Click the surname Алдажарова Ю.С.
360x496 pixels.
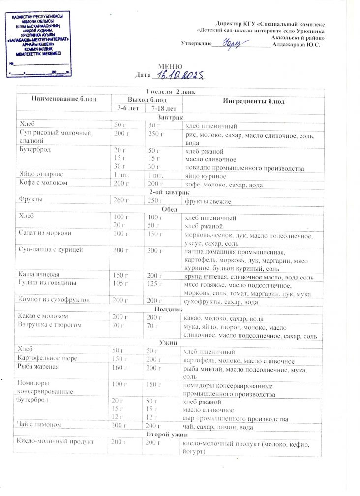300,44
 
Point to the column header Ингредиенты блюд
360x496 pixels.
254,101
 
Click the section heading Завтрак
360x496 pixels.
171,118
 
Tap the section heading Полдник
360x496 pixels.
169,309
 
